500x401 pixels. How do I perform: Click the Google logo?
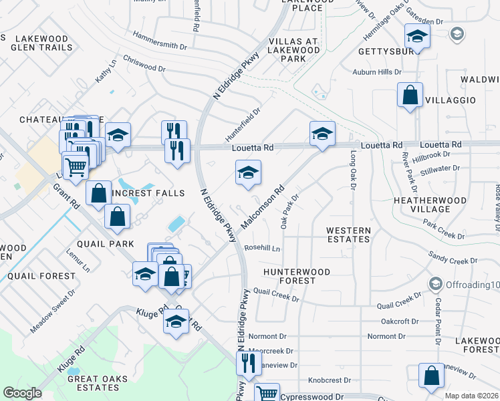22,393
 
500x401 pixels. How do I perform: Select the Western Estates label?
348,235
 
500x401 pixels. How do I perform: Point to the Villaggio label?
451,100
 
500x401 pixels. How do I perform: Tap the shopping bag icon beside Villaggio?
410,96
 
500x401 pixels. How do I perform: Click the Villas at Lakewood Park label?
293,50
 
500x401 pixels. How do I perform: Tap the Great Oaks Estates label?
88,383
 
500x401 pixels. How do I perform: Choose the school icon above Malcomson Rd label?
248,173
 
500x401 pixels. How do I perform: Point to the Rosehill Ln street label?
262,248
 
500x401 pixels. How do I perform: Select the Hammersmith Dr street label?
160,40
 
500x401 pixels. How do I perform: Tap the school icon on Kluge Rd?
176,322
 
